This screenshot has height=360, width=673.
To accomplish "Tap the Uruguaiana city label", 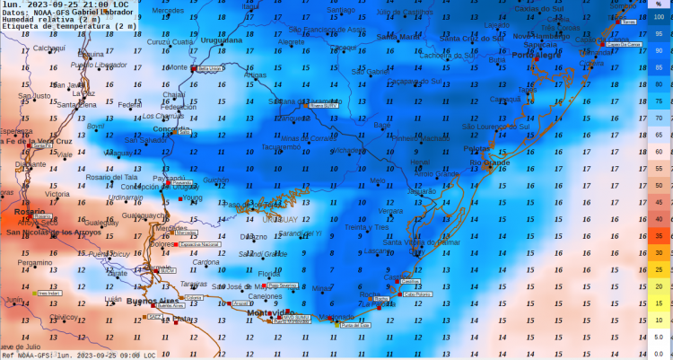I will tap(221, 40).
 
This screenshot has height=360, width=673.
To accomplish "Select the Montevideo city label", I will tap(246, 312).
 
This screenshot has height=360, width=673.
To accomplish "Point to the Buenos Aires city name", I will tap(153, 300).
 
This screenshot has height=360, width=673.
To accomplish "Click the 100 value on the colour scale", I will tap(659, 17).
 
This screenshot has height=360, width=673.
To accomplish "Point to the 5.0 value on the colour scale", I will tap(659, 338).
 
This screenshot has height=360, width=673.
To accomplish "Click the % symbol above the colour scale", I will tap(658, 5).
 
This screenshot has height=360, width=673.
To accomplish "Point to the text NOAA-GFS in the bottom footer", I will tap(34, 356).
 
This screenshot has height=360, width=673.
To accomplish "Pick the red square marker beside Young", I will tap(179, 198).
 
